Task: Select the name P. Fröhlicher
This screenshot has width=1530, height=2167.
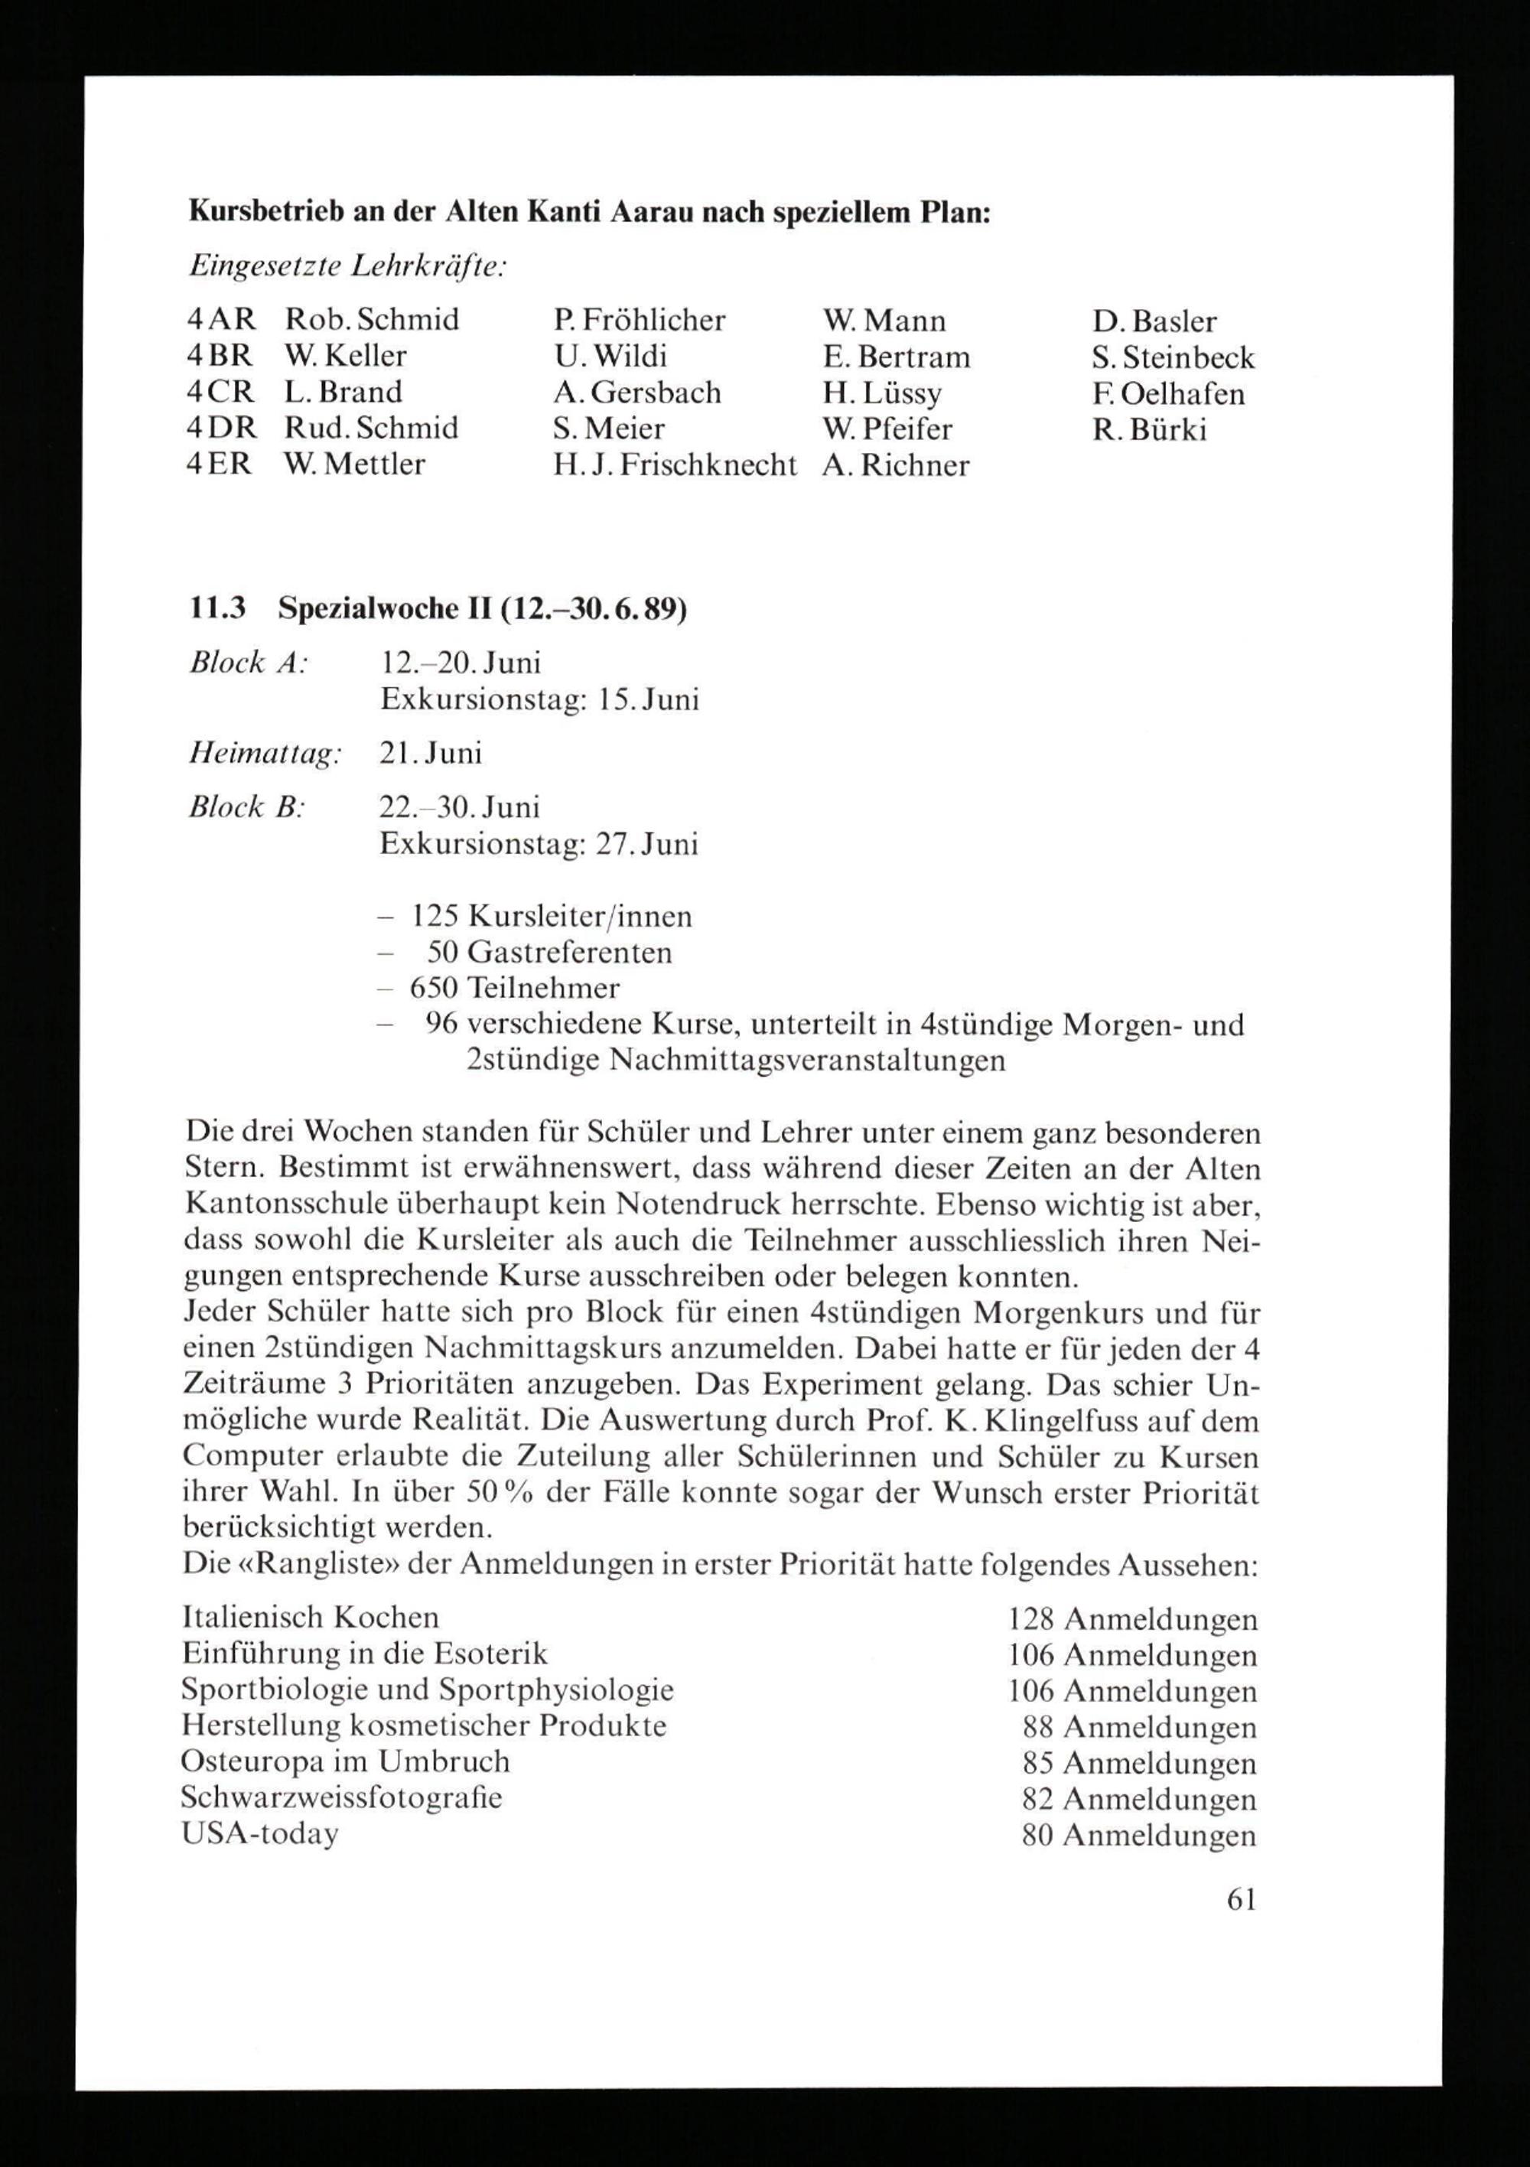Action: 639,321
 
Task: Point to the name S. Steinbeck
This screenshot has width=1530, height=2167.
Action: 1174,357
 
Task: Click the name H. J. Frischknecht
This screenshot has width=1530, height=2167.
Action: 675,465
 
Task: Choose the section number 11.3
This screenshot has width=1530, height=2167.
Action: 217,610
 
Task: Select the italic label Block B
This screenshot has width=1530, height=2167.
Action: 245,808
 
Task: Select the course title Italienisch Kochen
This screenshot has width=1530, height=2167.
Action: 311,1618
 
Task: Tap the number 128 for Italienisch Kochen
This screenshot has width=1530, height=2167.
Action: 1030,1620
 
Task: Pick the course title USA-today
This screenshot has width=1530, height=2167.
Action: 259,1834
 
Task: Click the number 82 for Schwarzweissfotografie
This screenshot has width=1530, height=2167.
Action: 1037,1799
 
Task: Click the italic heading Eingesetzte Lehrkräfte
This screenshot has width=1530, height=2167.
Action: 347,268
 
